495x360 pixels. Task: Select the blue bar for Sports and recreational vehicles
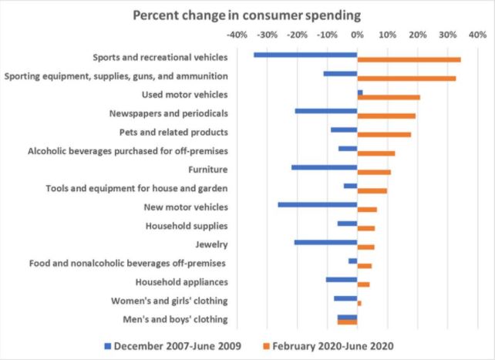coord(305,55)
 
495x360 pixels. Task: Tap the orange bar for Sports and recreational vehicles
coord(409,60)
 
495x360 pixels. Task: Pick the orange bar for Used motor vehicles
coord(389,97)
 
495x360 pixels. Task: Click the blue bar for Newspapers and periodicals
coord(325,111)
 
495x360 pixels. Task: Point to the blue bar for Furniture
coord(324,167)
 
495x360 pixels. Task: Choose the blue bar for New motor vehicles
coord(317,205)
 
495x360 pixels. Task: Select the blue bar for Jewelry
coord(325,242)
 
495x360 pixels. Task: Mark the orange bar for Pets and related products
coord(384,135)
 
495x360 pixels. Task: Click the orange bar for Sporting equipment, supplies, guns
coord(406,79)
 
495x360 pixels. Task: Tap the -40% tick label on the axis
coord(237,35)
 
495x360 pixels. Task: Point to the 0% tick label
coord(357,35)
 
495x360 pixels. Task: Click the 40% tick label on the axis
coord(476,35)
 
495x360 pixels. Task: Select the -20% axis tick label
coord(297,35)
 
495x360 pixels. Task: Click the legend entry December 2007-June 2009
coord(173,345)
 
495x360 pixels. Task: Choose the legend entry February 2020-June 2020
coord(333,345)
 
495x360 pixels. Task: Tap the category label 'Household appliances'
coord(181,281)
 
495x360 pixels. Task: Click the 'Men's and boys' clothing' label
coord(175,319)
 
